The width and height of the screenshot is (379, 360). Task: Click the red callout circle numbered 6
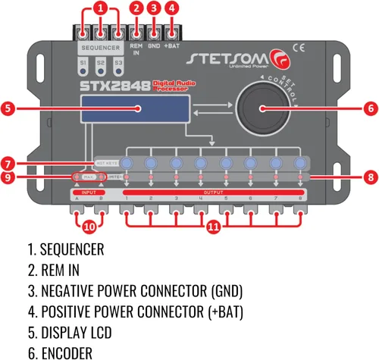(x=369, y=108)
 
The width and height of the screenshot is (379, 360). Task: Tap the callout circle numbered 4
(x=173, y=8)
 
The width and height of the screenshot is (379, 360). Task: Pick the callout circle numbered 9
(x=10, y=179)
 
